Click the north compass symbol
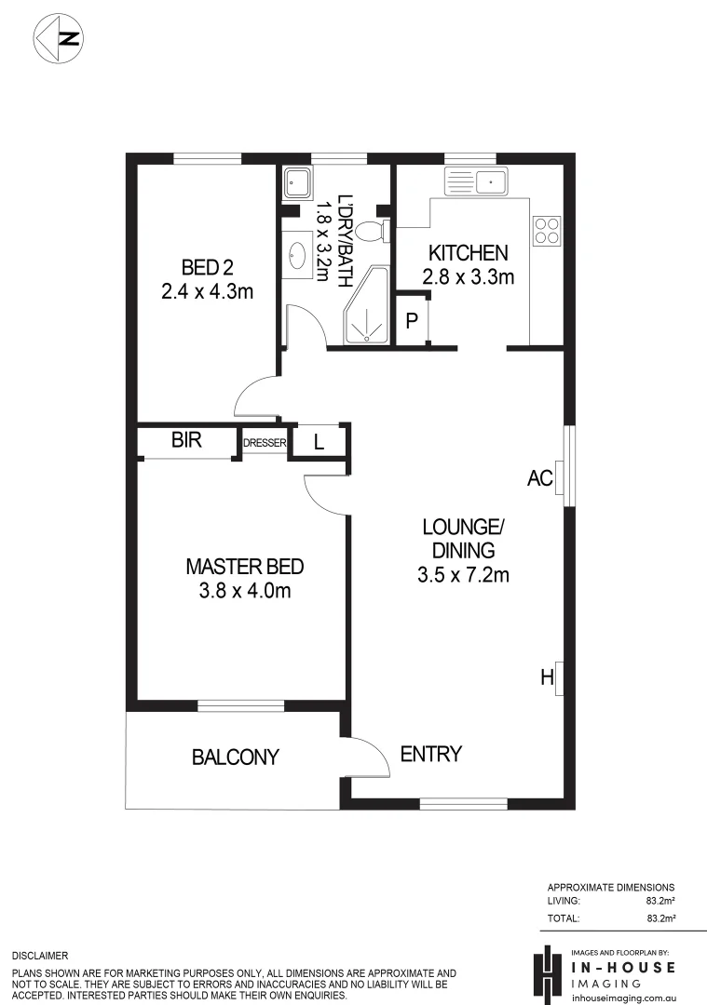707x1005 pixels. click(x=60, y=38)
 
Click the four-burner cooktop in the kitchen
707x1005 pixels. click(x=547, y=229)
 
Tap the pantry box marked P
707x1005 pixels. click(x=411, y=321)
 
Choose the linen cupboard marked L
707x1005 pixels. click(x=319, y=443)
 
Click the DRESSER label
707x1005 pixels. click(x=265, y=443)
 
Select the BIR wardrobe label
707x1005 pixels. click(x=186, y=441)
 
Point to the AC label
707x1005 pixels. click(x=540, y=478)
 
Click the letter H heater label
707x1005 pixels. click(x=547, y=677)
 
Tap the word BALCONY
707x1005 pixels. click(x=236, y=757)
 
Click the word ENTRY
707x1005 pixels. click(x=430, y=754)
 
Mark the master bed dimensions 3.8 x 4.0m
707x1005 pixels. click(x=245, y=591)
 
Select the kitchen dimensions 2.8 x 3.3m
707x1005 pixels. click(x=468, y=276)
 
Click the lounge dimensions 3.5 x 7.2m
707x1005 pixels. click(x=463, y=574)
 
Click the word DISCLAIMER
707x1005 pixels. click(x=40, y=956)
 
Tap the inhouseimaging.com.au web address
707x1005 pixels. click(x=622, y=997)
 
